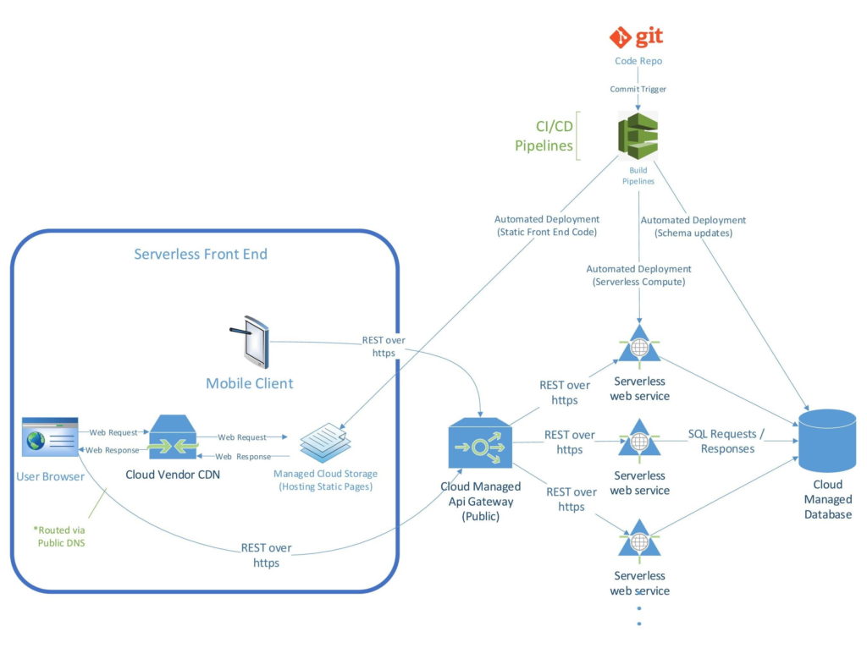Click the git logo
[636, 37]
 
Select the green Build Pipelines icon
[638, 136]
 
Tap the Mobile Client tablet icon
[250, 342]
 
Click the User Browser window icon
[50, 437]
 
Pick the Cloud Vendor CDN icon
[173, 437]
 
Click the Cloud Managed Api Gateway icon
[481, 443]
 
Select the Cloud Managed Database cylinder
[827, 441]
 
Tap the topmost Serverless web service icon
[639, 343]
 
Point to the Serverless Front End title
[201, 254]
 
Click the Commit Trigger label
[638, 89]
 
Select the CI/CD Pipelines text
[544, 136]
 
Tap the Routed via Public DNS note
[60, 536]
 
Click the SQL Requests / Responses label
[726, 442]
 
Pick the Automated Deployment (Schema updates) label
[693, 227]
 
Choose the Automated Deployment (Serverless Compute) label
[638, 275]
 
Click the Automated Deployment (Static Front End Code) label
[547, 225]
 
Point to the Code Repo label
[638, 61]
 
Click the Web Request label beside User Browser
[113, 432]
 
